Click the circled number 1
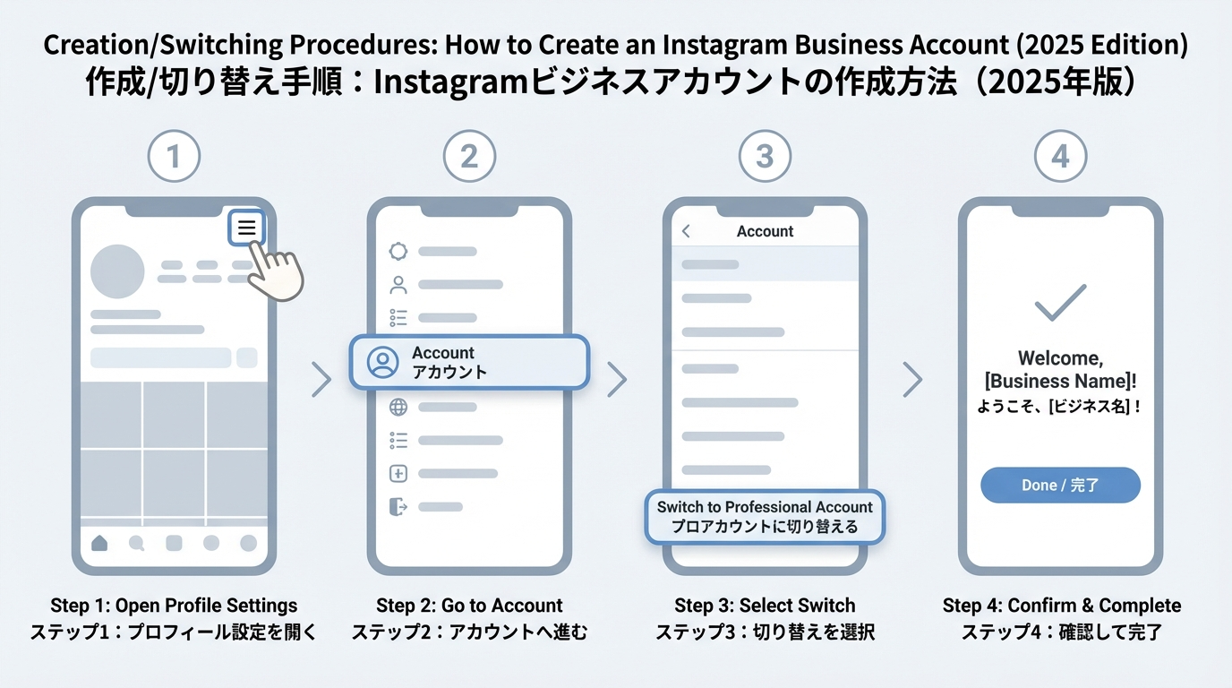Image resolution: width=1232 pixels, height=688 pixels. (x=174, y=157)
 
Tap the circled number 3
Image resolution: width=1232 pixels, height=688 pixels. (x=765, y=157)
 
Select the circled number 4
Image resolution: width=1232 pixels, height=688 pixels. (x=1060, y=157)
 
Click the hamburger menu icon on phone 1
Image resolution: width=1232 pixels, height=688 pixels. (x=247, y=228)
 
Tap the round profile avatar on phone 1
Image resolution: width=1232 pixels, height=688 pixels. (x=117, y=271)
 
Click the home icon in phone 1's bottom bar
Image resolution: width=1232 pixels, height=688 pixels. (x=99, y=543)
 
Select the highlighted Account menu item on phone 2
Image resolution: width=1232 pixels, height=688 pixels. (x=469, y=362)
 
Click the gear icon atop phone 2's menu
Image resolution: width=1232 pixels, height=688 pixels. (x=398, y=252)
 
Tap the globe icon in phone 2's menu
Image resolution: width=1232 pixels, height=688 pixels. (x=398, y=408)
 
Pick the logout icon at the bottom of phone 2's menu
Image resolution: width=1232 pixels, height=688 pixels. (x=398, y=507)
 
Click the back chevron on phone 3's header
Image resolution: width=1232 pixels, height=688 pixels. (x=687, y=231)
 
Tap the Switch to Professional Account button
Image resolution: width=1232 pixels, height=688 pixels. (x=765, y=517)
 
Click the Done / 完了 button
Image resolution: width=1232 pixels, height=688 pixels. (x=1060, y=485)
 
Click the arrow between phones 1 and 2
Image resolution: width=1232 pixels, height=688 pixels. (x=321, y=380)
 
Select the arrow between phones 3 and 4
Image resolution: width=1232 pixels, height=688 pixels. (x=912, y=380)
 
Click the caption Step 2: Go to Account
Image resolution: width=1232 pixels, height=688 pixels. (x=469, y=606)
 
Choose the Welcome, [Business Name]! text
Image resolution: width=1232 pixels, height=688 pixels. (x=1060, y=370)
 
